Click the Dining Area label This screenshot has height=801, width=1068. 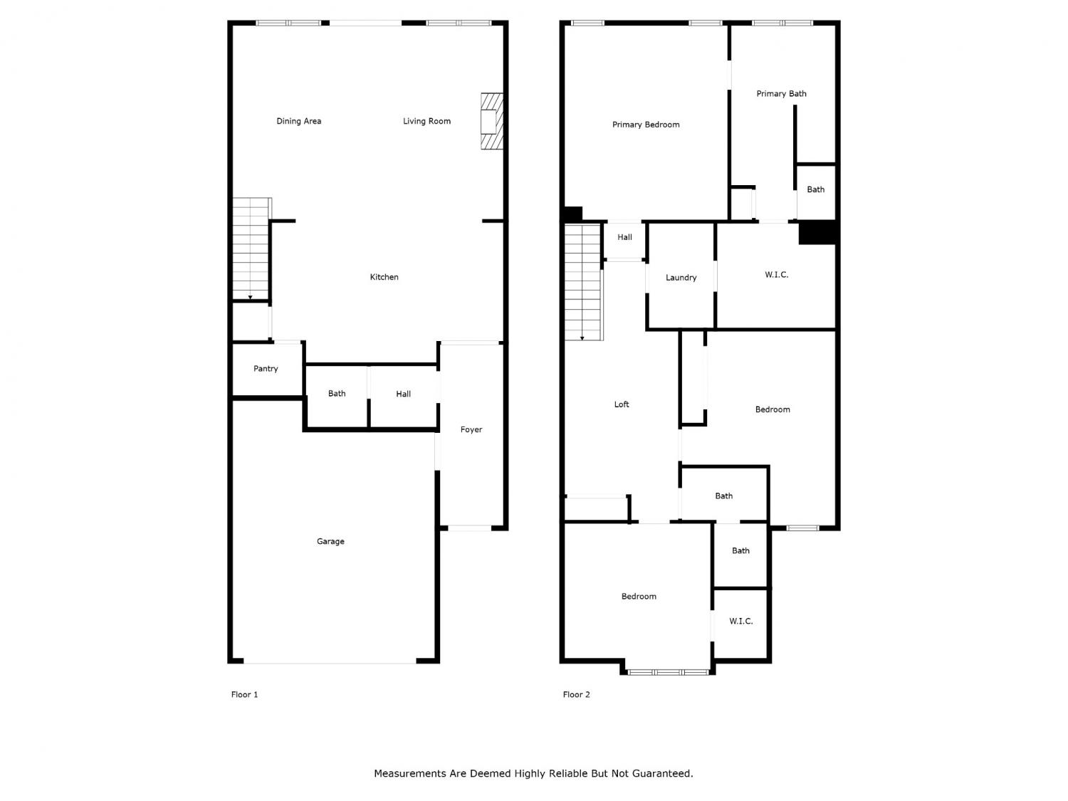[299, 121]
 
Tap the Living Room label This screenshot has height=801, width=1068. [426, 121]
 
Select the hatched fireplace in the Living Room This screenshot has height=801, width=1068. [491, 121]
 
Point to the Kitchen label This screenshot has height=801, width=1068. [384, 277]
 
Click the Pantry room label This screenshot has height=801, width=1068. [266, 369]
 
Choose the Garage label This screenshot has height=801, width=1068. [330, 541]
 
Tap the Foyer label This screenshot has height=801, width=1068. [471, 429]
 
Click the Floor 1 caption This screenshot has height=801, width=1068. [244, 694]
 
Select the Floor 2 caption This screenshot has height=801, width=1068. [576, 694]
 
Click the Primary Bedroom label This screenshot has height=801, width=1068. [646, 125]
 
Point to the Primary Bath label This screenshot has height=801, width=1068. [781, 93]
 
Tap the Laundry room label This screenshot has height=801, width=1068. [681, 278]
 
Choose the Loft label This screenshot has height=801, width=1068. [622, 404]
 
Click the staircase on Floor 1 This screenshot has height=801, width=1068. [251, 248]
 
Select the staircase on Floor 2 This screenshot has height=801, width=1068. [583, 282]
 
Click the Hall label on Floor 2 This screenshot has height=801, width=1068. [624, 237]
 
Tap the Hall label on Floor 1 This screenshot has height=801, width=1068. [403, 394]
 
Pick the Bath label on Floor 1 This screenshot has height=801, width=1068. [337, 394]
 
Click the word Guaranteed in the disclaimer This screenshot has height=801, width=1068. [662, 773]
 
